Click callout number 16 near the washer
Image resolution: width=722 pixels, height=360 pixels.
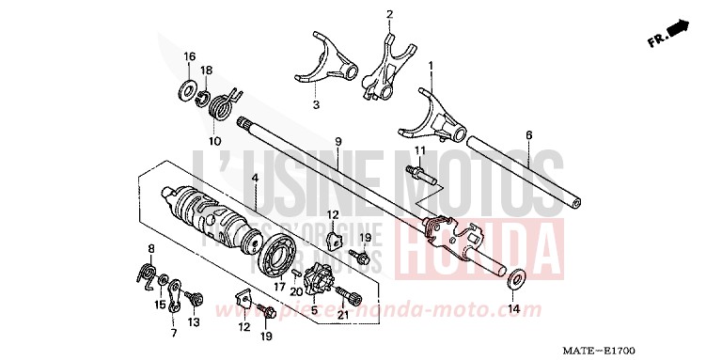tap(188, 57)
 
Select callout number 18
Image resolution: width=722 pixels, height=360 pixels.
tap(207, 70)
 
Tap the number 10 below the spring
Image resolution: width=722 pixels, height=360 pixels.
tap(214, 141)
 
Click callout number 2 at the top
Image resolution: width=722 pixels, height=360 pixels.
tap(389, 15)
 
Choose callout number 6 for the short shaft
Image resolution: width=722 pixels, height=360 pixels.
tap(528, 135)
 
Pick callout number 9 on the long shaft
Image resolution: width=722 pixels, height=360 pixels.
tap(337, 142)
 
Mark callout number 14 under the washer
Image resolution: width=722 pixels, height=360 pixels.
tap(513, 308)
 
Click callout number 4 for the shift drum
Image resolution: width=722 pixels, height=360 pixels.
tap(254, 177)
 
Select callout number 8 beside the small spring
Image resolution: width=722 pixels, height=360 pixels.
tap(150, 248)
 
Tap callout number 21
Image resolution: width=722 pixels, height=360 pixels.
tap(343, 313)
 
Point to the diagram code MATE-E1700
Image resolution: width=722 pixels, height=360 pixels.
tap(671, 348)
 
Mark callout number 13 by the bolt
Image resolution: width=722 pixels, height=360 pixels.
tap(193, 322)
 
